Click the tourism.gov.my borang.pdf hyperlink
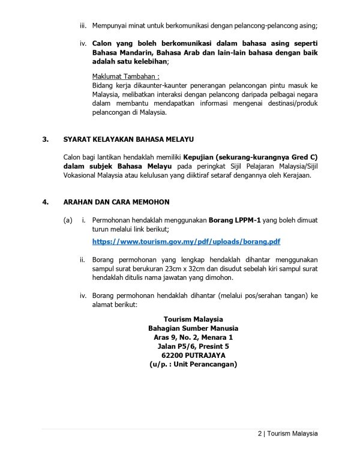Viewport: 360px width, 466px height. (x=186, y=242)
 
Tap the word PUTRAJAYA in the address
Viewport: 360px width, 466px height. (x=204, y=355)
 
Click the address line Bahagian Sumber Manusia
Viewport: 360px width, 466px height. (x=193, y=328)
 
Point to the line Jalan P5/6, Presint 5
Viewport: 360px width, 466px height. (x=193, y=346)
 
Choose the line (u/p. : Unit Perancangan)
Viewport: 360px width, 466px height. (x=193, y=364)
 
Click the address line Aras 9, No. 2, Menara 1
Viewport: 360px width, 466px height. (x=193, y=337)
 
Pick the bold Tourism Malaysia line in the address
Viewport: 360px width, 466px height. (x=193, y=319)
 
